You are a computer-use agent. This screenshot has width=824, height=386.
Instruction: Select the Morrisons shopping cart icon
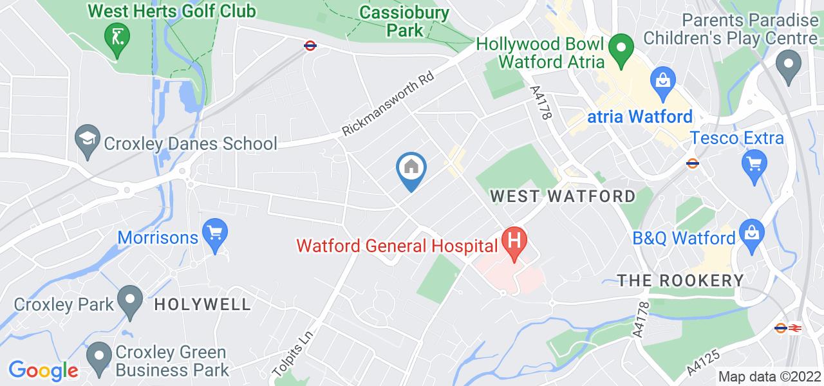click(213, 231)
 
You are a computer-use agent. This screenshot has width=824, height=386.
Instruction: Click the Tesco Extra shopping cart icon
click(753, 161)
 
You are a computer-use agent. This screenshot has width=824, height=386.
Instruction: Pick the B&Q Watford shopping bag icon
click(751, 231)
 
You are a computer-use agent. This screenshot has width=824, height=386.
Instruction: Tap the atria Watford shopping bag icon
click(662, 80)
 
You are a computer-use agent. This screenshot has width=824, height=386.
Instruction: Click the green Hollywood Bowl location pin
click(621, 48)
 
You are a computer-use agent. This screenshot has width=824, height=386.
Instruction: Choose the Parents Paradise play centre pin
click(787, 65)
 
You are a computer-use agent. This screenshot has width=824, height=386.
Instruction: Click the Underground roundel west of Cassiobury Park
click(310, 46)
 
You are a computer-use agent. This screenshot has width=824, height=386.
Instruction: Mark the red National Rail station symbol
click(796, 328)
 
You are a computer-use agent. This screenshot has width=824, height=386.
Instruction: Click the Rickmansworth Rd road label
click(388, 103)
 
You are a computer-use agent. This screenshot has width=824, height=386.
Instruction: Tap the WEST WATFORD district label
click(563, 196)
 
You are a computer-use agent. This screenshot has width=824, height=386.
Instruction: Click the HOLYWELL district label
click(202, 304)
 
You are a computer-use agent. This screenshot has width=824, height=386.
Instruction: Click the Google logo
click(42, 370)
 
